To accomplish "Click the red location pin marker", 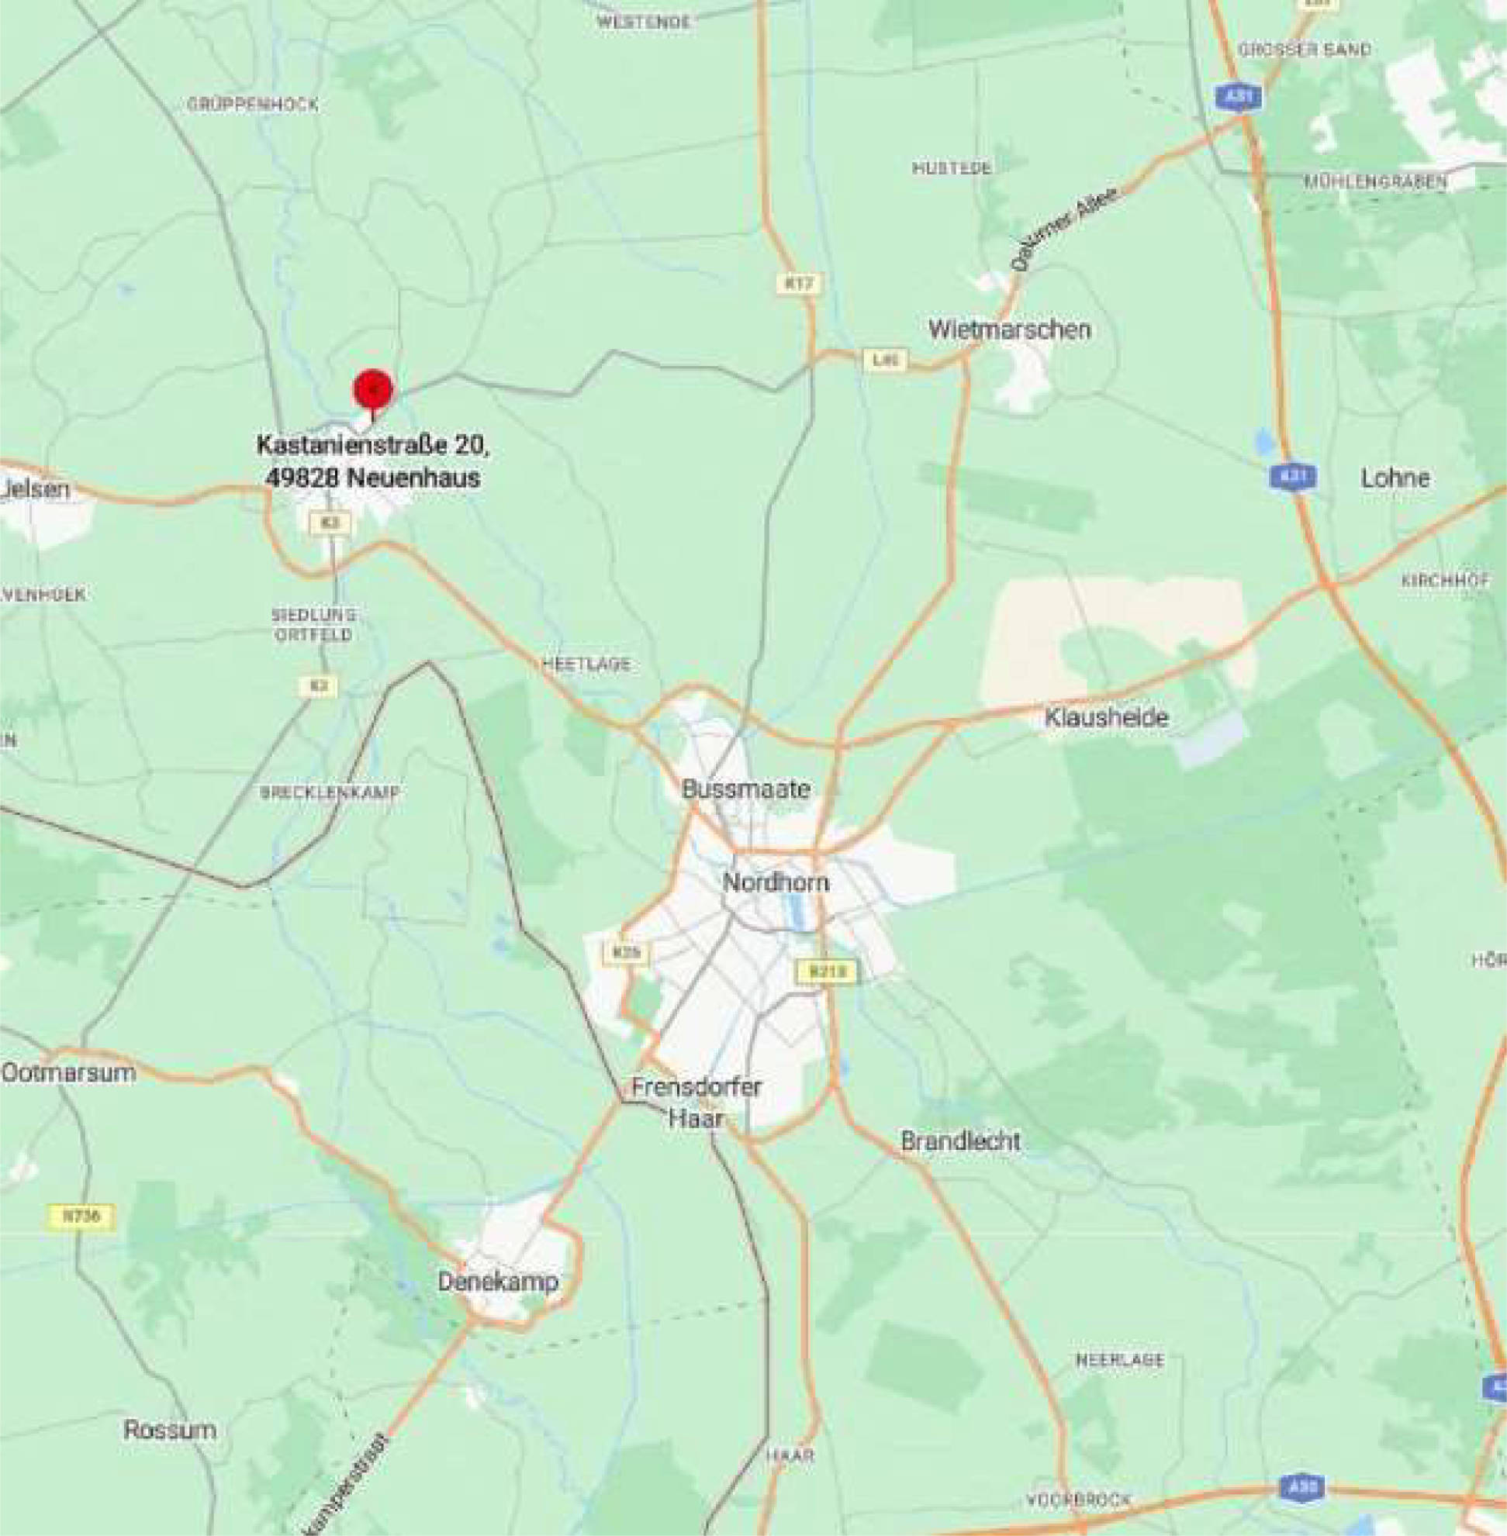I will (373, 388).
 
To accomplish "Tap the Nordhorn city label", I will (776, 882).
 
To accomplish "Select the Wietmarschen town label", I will (1009, 330).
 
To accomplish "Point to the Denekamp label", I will (499, 1282).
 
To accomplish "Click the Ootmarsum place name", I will (69, 1073).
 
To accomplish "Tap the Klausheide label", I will (1106, 718).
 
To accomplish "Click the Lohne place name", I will (1395, 478).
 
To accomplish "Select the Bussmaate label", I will (745, 789).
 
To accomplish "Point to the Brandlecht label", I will (960, 1141).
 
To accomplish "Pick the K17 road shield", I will (800, 283).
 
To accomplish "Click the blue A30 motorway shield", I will (1302, 1488).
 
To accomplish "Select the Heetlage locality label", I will (586, 664).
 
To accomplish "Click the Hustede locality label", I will (952, 167).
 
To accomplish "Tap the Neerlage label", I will (1119, 1360).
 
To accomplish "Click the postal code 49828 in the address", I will (299, 478).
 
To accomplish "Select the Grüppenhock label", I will (253, 105).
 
